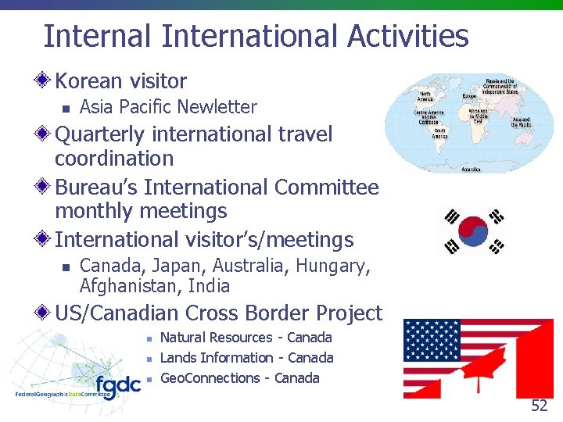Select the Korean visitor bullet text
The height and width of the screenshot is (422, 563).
(120, 81)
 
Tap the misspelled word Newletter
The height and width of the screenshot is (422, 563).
(220, 107)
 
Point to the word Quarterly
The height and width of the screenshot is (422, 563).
(99, 134)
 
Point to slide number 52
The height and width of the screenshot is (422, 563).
(539, 406)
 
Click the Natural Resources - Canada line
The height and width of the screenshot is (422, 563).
(246, 338)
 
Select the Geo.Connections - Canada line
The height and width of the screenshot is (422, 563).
(239, 378)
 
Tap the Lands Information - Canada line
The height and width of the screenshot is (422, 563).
(246, 358)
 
